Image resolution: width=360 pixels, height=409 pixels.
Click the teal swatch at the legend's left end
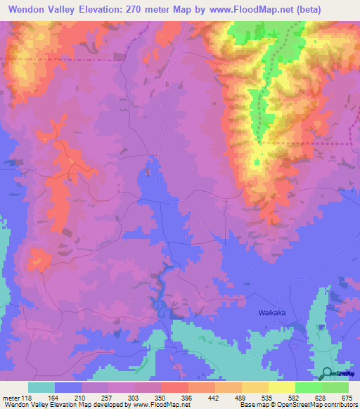[41, 387]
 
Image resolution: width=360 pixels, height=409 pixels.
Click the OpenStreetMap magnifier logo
[327, 373]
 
